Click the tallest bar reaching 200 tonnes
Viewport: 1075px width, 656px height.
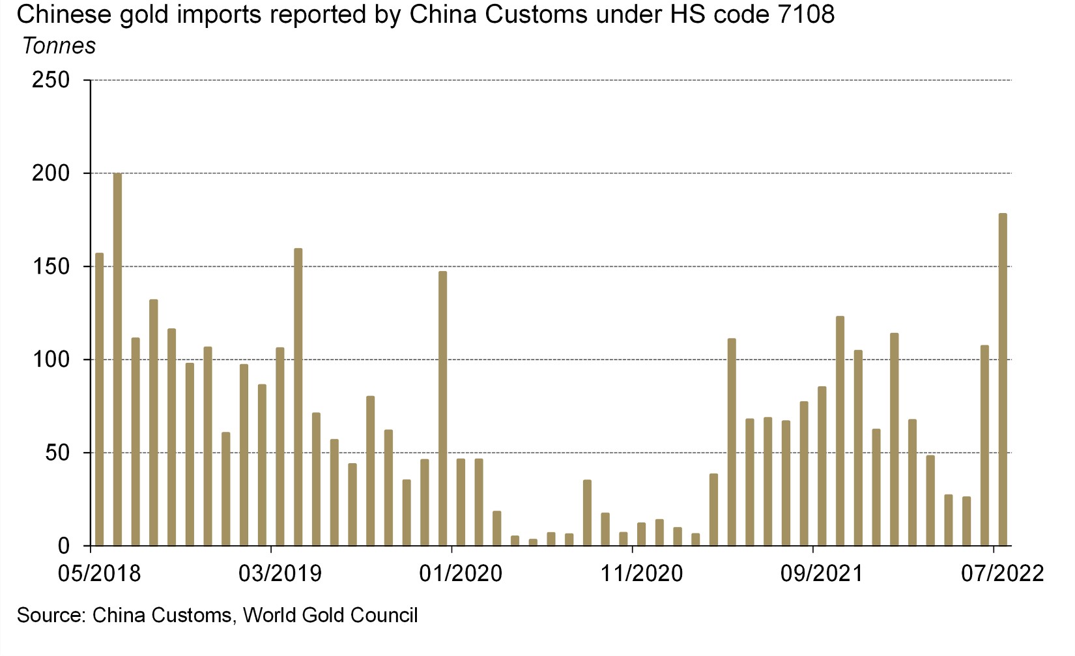[x=117, y=358]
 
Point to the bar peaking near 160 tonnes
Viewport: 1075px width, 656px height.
[x=298, y=397]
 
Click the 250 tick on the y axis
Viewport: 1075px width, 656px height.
[x=51, y=80]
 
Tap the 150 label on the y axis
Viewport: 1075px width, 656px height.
[x=51, y=266]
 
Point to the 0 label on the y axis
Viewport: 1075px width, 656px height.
[x=63, y=546]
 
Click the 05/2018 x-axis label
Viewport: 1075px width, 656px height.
[x=99, y=573]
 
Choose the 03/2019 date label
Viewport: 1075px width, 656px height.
[x=280, y=573]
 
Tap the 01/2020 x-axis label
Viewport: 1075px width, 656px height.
[x=461, y=573]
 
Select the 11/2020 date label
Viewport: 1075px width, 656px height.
[x=642, y=573]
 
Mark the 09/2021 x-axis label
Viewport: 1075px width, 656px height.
[x=822, y=573]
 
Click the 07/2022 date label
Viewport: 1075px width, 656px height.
[x=1002, y=573]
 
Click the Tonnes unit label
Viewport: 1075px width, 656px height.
[x=59, y=46]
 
